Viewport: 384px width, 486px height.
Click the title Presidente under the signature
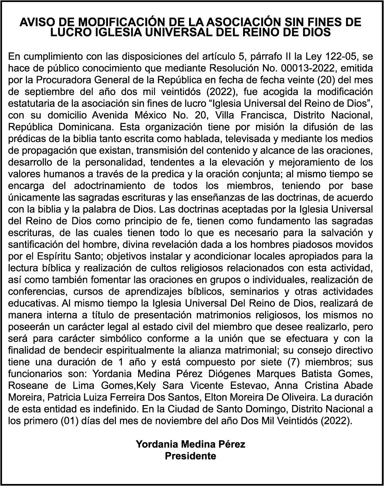[x=190, y=456]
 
